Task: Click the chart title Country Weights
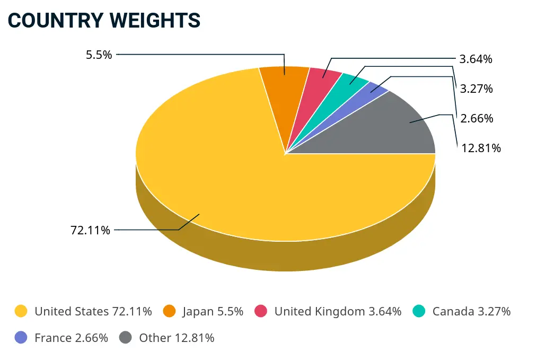104,20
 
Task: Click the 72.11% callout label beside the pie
90,230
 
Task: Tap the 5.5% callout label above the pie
99,54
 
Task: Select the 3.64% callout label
476,59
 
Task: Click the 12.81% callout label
481,148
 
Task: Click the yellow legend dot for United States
21,311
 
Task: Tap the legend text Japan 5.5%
213,311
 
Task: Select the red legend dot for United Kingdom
261,311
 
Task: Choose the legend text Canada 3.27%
471,311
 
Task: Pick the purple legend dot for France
21,338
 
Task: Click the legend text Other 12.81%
177,338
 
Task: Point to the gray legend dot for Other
126,338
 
